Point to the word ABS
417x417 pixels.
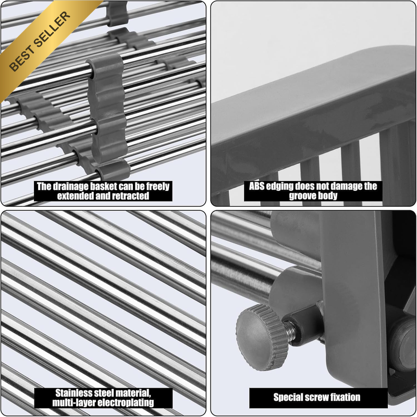click(x=256, y=186)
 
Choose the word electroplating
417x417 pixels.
click(x=125, y=402)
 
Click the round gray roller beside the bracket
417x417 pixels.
click(x=403, y=344)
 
